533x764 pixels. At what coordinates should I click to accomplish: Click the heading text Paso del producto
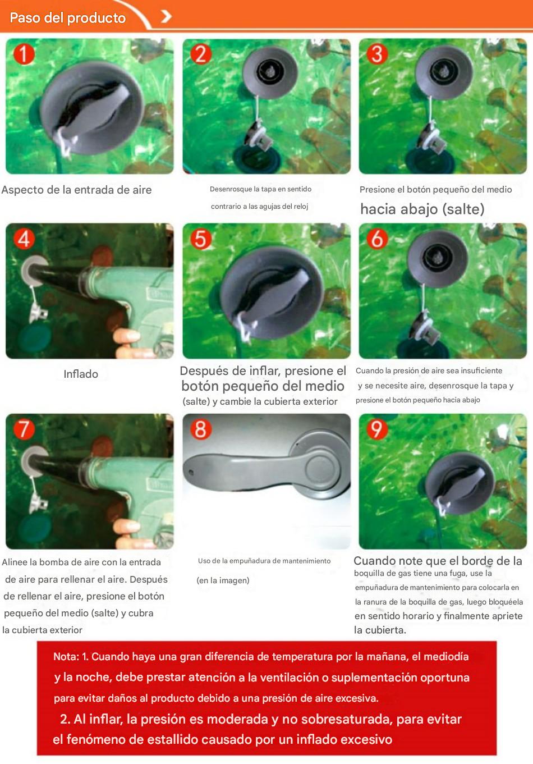click(67, 18)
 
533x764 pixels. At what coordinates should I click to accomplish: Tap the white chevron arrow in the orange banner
click(166, 16)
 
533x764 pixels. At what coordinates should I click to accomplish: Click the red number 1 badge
click(24, 54)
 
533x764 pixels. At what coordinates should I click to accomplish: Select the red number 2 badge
click(200, 54)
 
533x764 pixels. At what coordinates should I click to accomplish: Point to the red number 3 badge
click(376, 54)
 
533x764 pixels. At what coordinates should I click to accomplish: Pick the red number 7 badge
click(24, 429)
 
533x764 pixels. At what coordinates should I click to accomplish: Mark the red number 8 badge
click(200, 429)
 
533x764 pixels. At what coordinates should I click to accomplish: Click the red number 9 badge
click(376, 429)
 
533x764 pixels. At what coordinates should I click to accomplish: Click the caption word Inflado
click(81, 374)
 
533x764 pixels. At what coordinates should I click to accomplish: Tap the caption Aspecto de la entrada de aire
click(77, 190)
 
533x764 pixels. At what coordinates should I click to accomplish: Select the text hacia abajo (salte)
click(422, 209)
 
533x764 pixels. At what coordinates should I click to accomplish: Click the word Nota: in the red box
click(66, 657)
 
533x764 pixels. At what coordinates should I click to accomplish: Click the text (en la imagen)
click(223, 580)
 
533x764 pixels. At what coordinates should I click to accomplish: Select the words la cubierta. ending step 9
click(380, 630)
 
